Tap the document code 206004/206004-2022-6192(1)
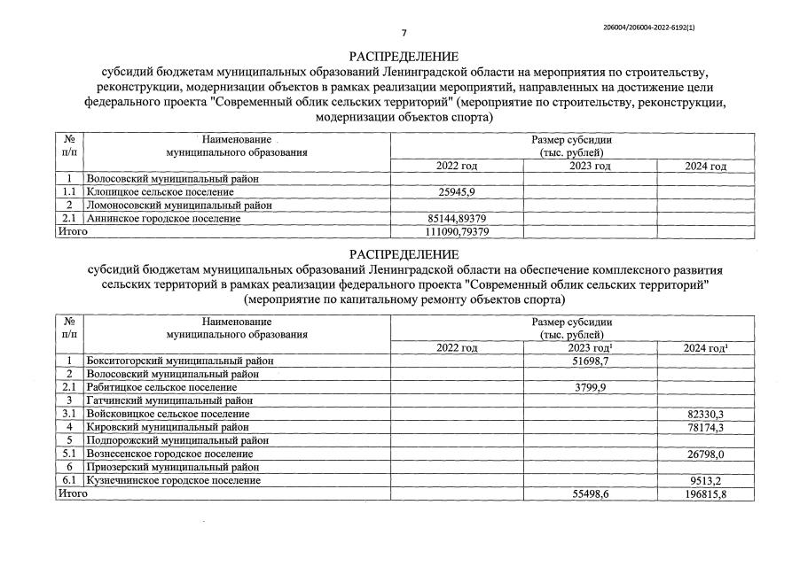[x=649, y=27]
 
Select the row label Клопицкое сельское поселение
[x=160, y=192]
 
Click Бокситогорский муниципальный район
[x=180, y=361]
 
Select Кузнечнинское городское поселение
[x=173, y=480]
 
